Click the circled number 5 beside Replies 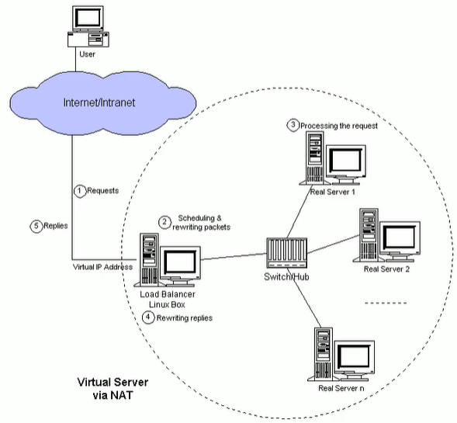pos(35,227)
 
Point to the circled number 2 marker pos(164,221)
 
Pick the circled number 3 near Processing pos(293,124)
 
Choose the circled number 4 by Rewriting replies pos(149,317)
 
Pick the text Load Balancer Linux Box pos(168,300)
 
